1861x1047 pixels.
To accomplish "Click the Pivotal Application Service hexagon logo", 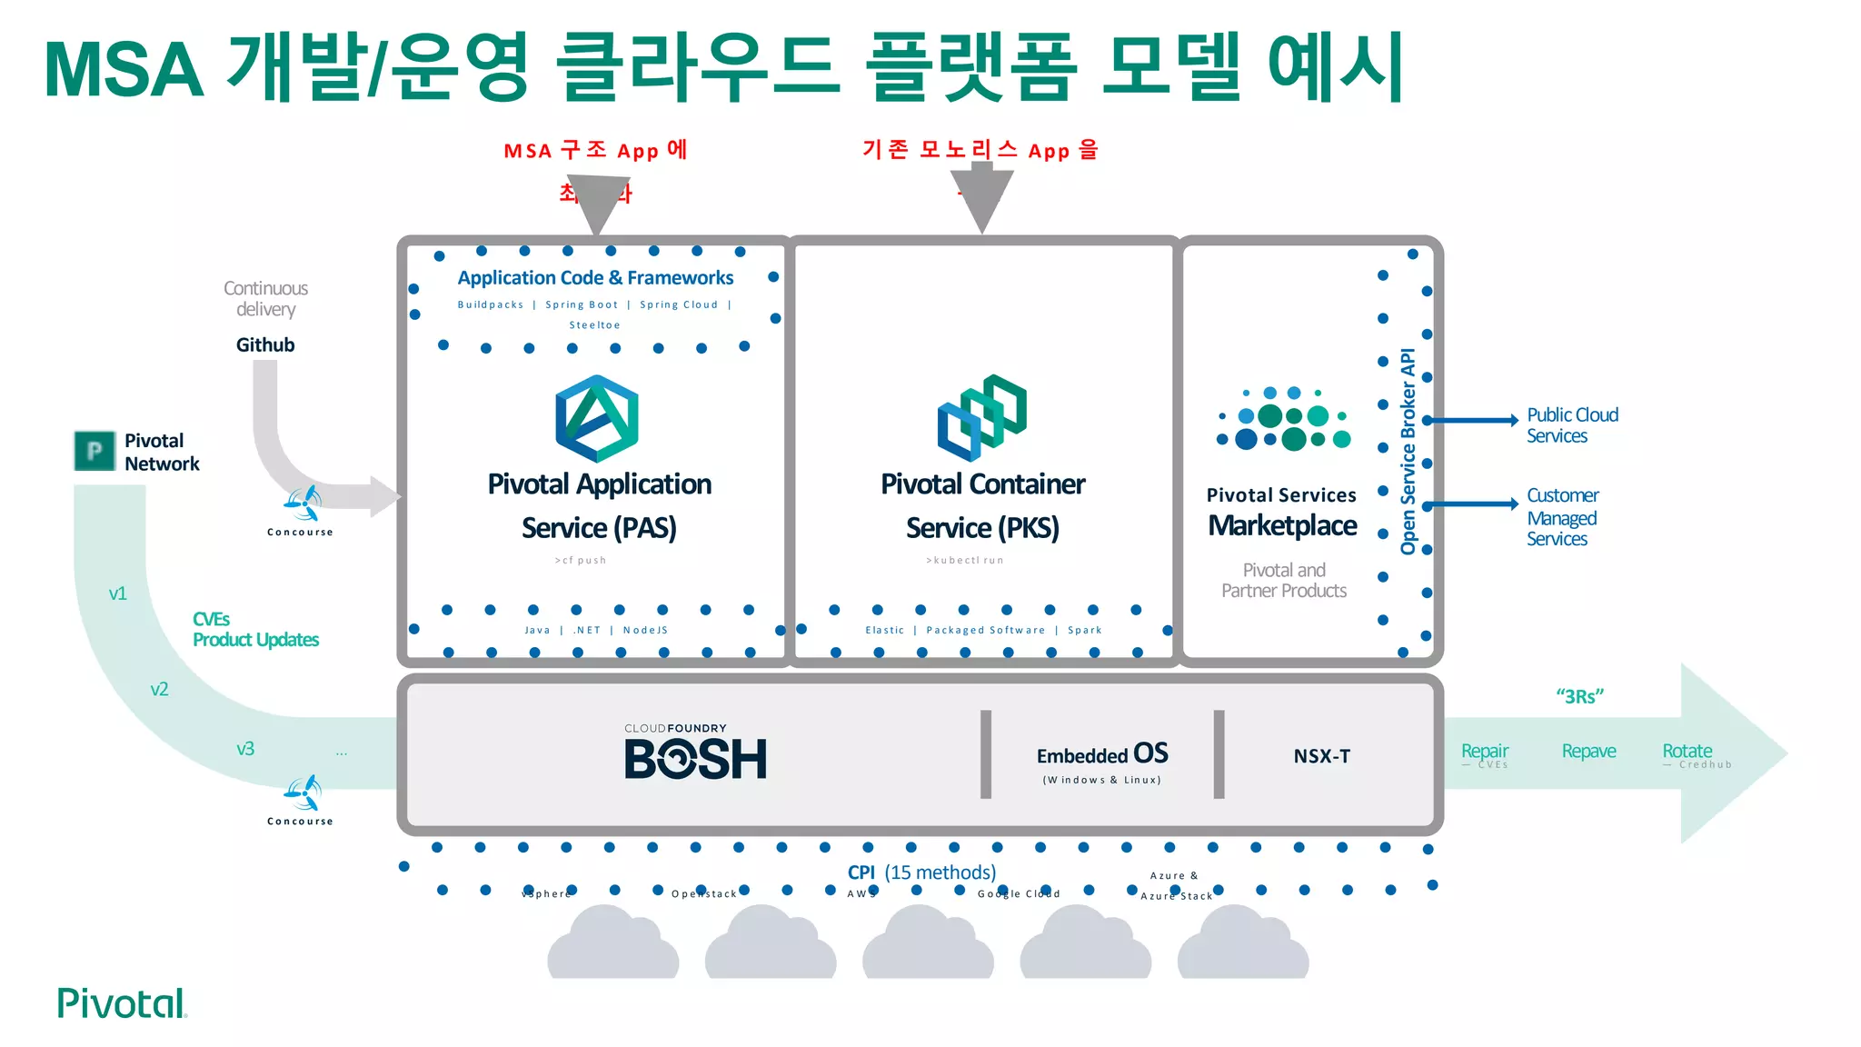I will pos(597,419).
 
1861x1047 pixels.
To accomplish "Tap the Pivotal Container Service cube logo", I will pos(982,417).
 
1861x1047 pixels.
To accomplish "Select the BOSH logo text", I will pos(695,759).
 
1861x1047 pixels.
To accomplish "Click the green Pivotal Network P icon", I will pos(94,451).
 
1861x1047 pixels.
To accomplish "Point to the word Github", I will pos(265,345).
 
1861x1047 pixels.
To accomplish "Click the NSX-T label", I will pos(1321,756).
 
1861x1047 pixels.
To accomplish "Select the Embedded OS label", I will pos(1101,754).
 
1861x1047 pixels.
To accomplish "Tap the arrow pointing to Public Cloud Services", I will pos(1472,420).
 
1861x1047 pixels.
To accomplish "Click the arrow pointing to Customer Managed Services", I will pos(1472,504).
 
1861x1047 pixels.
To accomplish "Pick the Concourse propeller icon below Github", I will pos(303,503).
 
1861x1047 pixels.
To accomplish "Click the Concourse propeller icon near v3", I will pos(303,793).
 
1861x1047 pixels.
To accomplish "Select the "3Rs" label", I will pos(1579,697).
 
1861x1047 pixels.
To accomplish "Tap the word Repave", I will pos(1588,752).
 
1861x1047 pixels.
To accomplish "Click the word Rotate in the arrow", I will pos(1687,752).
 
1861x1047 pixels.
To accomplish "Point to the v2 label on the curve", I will pos(159,690).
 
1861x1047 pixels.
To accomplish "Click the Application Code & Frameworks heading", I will pos(595,278).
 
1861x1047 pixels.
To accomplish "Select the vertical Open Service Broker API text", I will pos(1408,451).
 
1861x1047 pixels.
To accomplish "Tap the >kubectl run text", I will pos(965,561).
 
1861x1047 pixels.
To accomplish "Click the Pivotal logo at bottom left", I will pos(122,1003).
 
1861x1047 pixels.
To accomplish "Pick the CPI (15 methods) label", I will pos(921,872).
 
